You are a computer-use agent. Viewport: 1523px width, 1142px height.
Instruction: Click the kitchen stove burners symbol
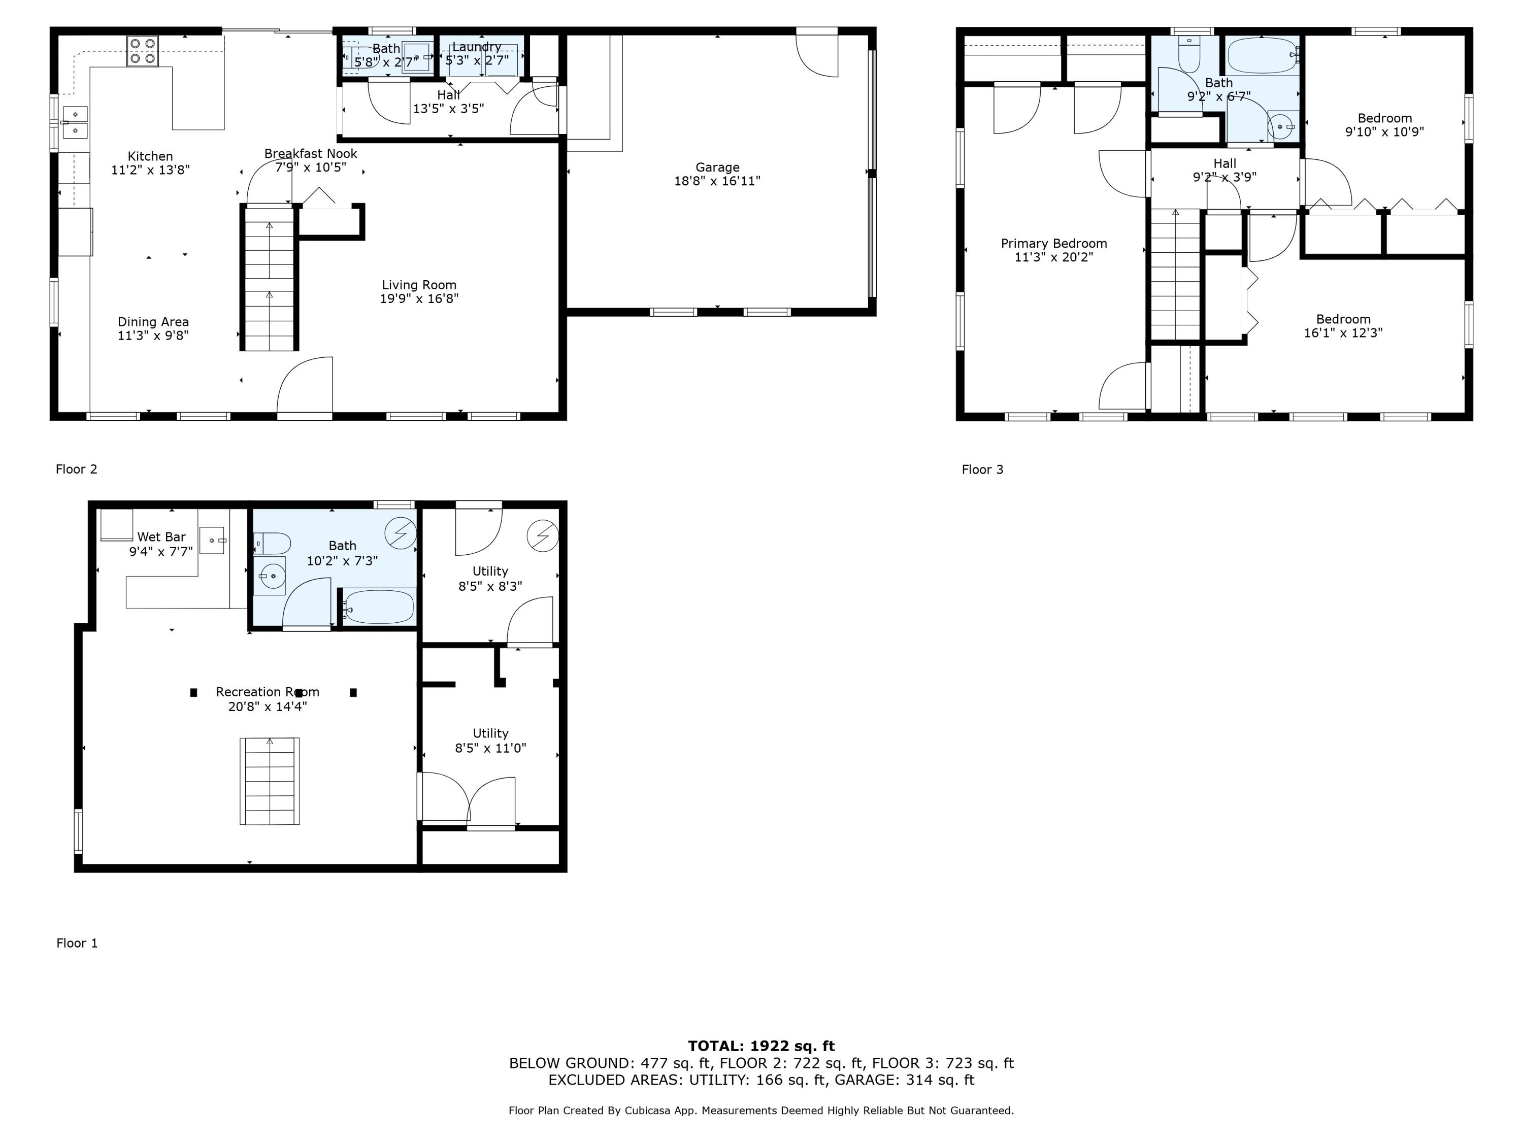[143, 51]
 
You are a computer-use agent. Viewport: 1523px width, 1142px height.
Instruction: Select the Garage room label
[717, 167]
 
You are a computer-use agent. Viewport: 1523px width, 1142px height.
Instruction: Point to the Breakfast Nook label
[311, 153]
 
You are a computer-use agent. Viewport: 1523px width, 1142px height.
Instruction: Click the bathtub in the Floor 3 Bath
[1262, 55]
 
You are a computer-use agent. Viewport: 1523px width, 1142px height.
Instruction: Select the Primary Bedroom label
[1053, 243]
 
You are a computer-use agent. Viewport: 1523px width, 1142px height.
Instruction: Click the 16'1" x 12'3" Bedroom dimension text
[1343, 333]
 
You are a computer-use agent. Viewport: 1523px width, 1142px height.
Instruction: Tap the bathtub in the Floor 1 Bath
[379, 607]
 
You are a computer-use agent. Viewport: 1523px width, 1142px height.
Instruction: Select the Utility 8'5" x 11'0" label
[490, 741]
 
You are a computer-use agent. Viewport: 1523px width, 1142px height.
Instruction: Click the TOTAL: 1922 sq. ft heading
[761, 1046]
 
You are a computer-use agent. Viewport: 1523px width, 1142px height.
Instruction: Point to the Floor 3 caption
[982, 469]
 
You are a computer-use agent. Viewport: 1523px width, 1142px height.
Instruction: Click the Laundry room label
[477, 47]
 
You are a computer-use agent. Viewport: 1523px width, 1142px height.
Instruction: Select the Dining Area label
[153, 321]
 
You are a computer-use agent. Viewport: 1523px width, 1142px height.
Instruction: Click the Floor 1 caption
[77, 943]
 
